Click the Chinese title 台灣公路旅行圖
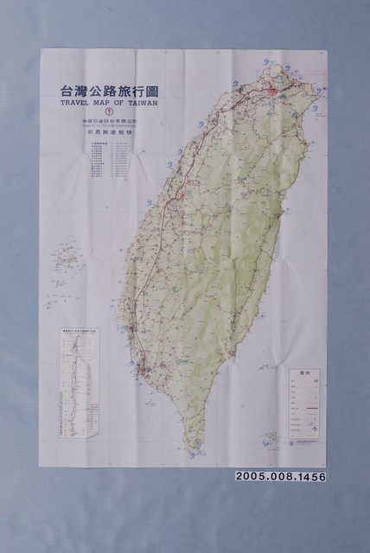(x=107, y=89)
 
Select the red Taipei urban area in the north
(x=275, y=89)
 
